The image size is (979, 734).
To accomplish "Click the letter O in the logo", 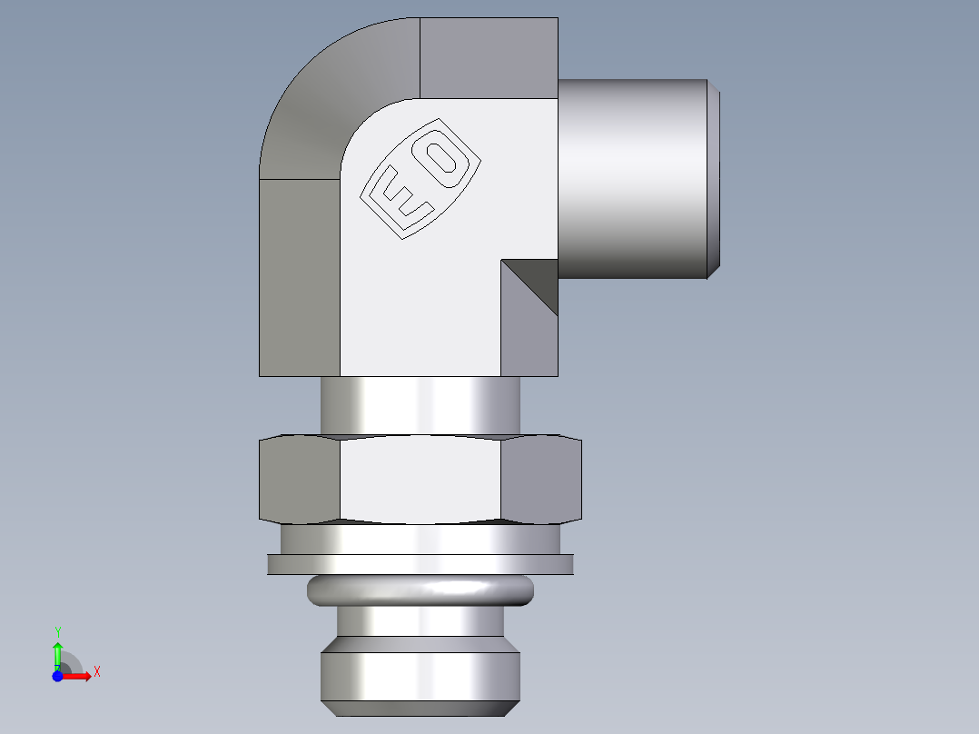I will (444, 156).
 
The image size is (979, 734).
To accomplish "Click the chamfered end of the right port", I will (715, 178).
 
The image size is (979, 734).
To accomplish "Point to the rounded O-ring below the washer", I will (420, 590).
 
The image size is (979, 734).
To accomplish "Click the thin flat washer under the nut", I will (420, 564).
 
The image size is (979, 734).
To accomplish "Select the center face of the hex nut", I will (420, 480).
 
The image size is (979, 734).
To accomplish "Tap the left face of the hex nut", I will (299, 480).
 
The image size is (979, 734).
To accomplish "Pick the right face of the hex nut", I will (541, 480).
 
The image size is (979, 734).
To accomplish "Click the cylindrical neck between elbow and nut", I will (420, 405).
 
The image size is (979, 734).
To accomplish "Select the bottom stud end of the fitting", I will (420, 677).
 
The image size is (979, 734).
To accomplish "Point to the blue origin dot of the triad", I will (57, 676).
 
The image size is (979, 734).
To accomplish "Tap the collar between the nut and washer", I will (420, 539).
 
